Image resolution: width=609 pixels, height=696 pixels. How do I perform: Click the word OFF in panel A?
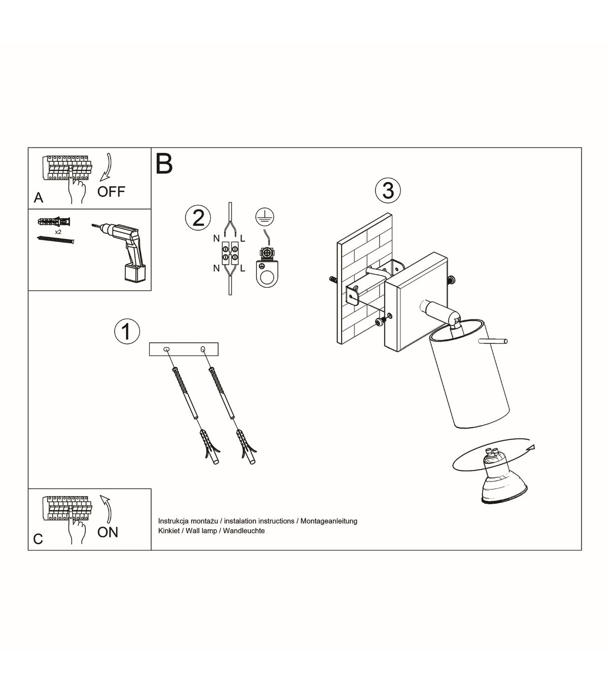(111, 192)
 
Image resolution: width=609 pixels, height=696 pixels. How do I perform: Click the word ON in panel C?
(108, 532)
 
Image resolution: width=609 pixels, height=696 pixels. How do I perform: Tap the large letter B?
(164, 164)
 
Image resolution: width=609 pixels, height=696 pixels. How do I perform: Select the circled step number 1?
(127, 331)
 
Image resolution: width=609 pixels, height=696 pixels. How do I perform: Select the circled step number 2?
(198, 218)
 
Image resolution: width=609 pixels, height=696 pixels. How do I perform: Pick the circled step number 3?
(388, 191)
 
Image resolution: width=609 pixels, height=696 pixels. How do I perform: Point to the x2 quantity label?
(58, 232)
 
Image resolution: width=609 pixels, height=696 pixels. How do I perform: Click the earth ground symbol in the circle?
(265, 217)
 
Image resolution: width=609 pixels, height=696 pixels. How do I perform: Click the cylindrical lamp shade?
(469, 373)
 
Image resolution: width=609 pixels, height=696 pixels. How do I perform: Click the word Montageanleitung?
(329, 521)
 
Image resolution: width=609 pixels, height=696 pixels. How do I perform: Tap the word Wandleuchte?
(244, 531)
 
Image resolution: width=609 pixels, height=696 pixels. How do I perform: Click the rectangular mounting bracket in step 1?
(184, 349)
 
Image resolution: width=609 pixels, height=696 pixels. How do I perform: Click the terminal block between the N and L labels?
(230, 253)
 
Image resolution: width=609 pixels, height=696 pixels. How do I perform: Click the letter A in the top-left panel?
(39, 198)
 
